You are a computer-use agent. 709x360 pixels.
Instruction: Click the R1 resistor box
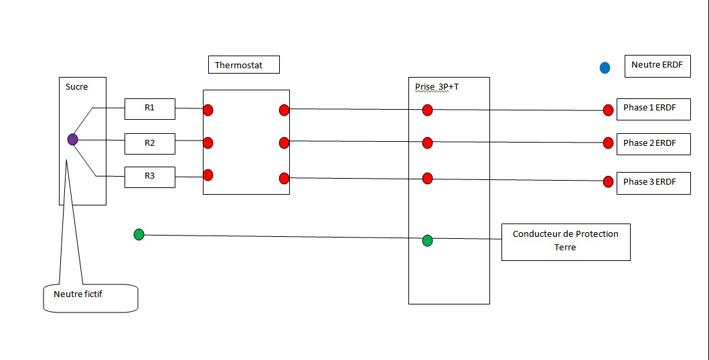149,108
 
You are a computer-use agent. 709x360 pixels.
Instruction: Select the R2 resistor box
149,143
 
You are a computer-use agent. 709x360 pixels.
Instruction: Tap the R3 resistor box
149,177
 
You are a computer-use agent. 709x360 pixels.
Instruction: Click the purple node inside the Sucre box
72,139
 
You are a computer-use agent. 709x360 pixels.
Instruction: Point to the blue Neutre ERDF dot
605,68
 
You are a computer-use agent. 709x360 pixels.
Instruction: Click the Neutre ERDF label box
656,66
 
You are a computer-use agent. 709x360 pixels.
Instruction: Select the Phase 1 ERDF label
653,108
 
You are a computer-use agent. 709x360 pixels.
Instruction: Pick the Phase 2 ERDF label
653,143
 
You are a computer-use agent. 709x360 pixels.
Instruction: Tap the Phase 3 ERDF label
653,182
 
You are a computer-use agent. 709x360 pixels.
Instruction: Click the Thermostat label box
244,65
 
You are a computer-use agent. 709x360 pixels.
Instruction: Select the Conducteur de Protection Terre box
566,241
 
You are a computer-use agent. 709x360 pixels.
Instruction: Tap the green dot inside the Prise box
427,240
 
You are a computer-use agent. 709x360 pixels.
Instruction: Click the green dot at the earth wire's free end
139,234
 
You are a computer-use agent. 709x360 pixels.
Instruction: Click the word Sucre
76,87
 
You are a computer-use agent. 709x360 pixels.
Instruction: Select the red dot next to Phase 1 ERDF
608,110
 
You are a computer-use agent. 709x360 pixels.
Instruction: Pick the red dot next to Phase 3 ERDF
608,181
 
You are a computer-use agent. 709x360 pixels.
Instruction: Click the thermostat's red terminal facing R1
208,109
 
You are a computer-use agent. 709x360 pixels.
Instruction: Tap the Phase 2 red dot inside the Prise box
427,142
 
